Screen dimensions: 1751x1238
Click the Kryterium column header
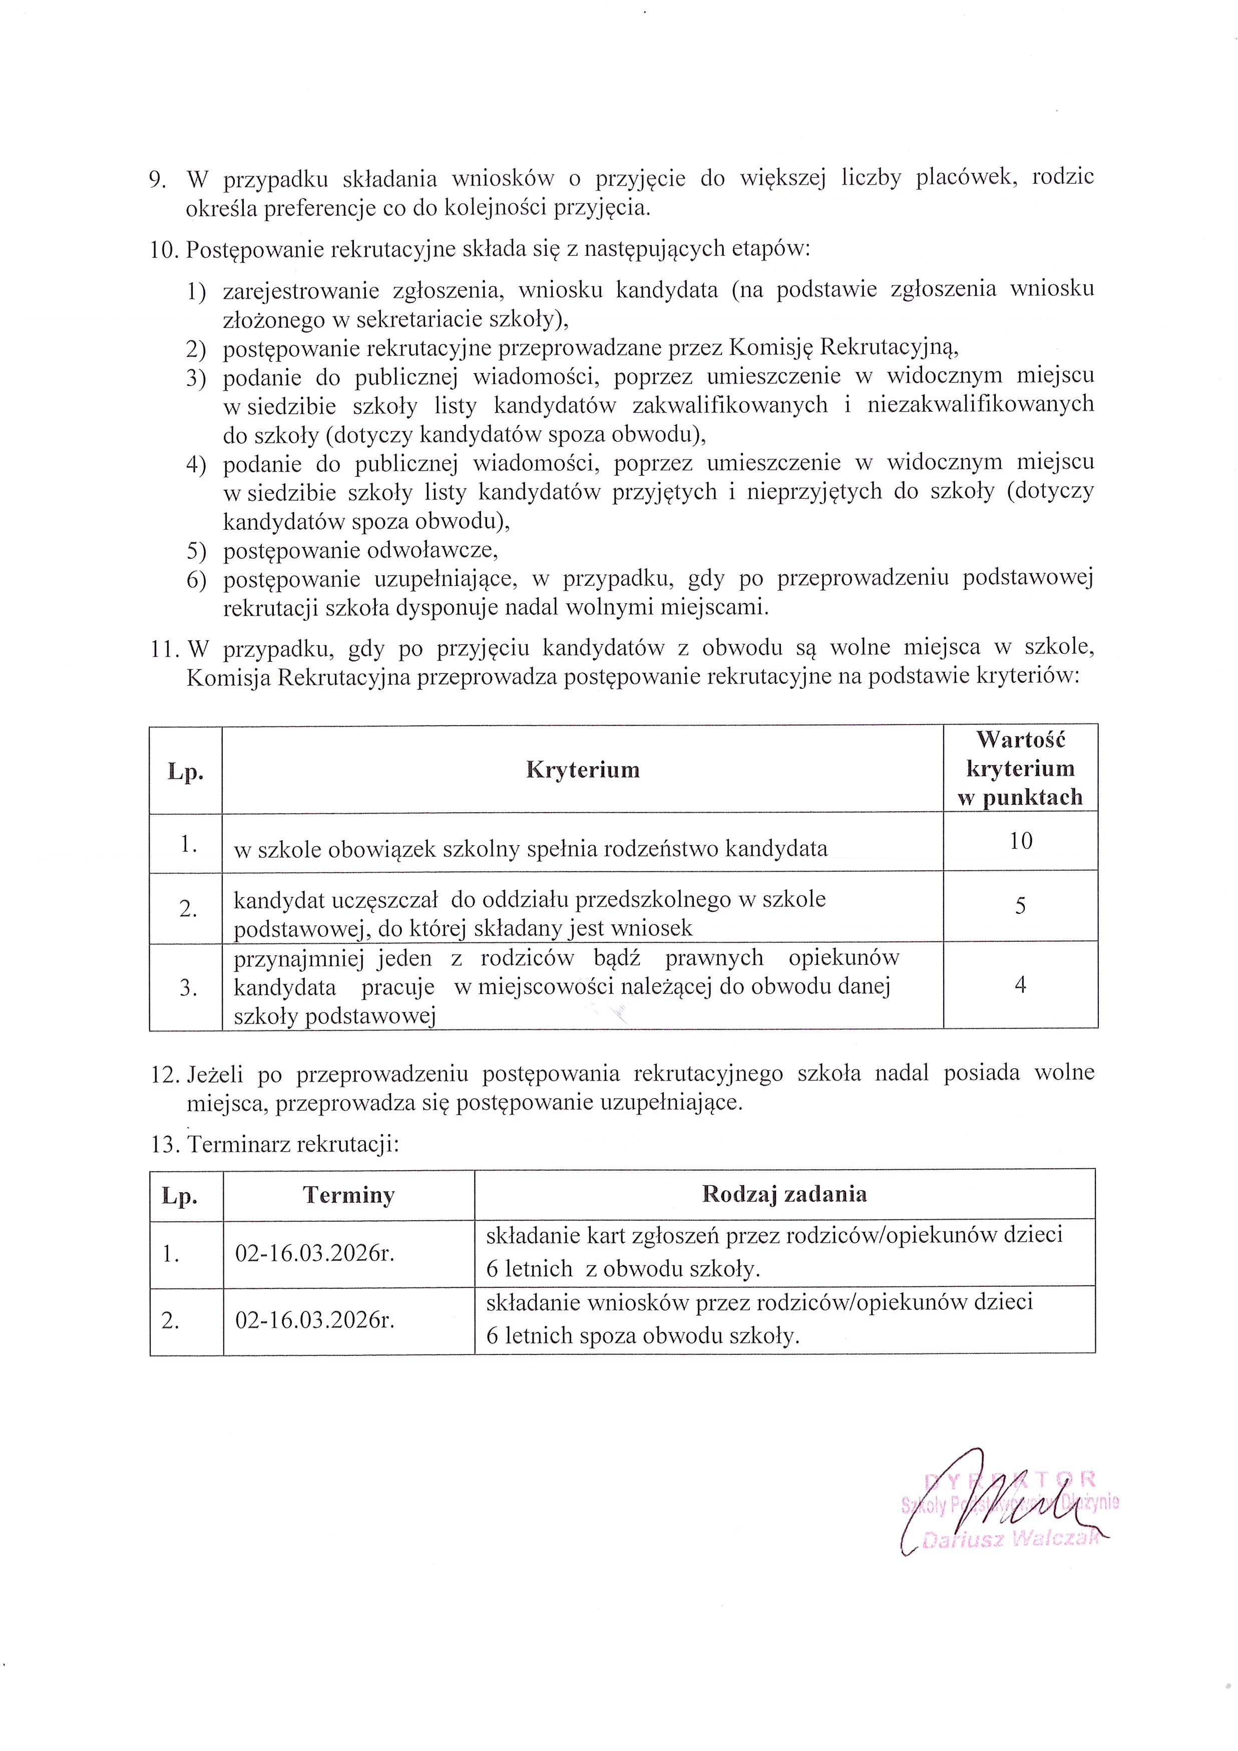point(582,770)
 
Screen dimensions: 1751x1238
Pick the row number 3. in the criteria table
point(188,988)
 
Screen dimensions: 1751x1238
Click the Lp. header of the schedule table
point(180,1195)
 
